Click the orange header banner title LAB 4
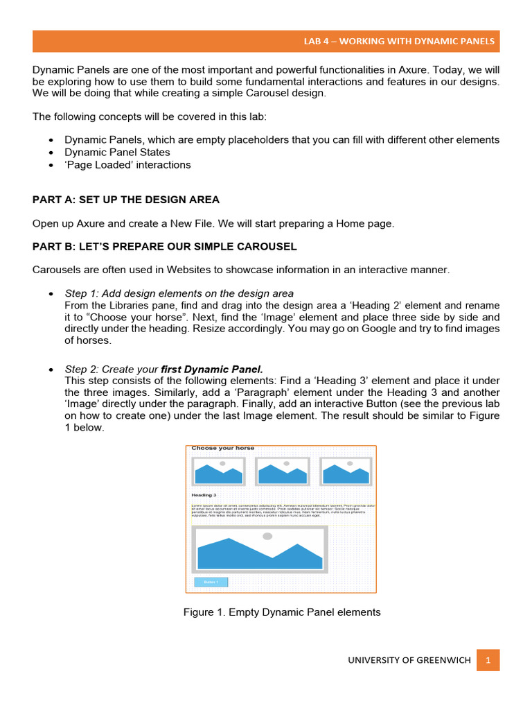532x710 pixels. pyautogui.click(x=399, y=41)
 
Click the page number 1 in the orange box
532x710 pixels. pyautogui.click(x=488, y=660)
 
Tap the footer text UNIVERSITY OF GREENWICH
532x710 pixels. pyautogui.click(x=409, y=660)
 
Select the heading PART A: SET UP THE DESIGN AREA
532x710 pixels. pyautogui.click(x=126, y=200)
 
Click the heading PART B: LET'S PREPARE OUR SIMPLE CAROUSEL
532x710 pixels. pyautogui.click(x=165, y=247)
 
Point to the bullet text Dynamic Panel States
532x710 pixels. pyautogui.click(x=117, y=152)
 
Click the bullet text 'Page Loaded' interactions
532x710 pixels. pyautogui.click(x=127, y=165)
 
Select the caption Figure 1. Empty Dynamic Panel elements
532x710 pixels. pyautogui.click(x=282, y=612)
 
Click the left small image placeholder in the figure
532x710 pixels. pyautogui.click(x=219, y=471)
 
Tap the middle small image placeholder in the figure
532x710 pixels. pyautogui.click(x=282, y=471)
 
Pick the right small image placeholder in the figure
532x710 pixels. pyautogui.click(x=346, y=471)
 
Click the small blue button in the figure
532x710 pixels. pyautogui.click(x=211, y=582)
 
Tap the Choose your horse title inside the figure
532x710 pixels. pyautogui.click(x=223, y=449)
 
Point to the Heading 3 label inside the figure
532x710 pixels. pyautogui.click(x=204, y=495)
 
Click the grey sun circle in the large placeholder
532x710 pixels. pyautogui.click(x=267, y=536)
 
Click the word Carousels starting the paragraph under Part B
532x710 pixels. pyautogui.click(x=55, y=270)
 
